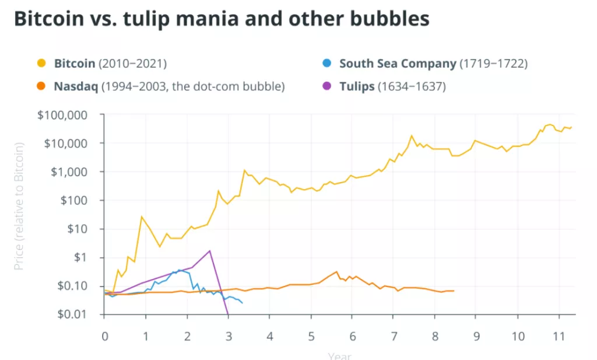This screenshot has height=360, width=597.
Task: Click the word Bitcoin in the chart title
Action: [x=51, y=19]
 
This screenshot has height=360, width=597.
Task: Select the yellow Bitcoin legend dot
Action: [x=41, y=64]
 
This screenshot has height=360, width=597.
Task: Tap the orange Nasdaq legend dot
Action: [x=41, y=87]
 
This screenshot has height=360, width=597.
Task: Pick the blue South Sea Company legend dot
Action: [x=326, y=64]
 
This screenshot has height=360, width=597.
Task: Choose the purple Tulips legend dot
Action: [x=326, y=87]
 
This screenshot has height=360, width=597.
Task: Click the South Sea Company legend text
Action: [x=398, y=64]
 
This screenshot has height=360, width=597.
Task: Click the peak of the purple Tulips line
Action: [x=210, y=251]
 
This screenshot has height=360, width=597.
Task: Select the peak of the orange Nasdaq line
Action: [x=336, y=272]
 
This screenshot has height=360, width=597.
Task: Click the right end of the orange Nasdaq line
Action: [x=453, y=291]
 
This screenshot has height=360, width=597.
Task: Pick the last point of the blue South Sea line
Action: [x=242, y=303]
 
